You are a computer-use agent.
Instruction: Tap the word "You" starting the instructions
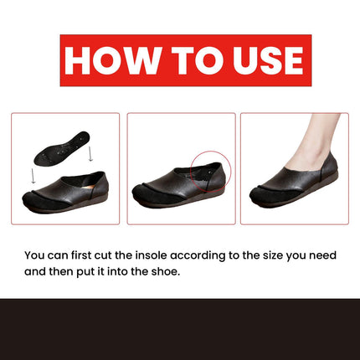35,254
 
